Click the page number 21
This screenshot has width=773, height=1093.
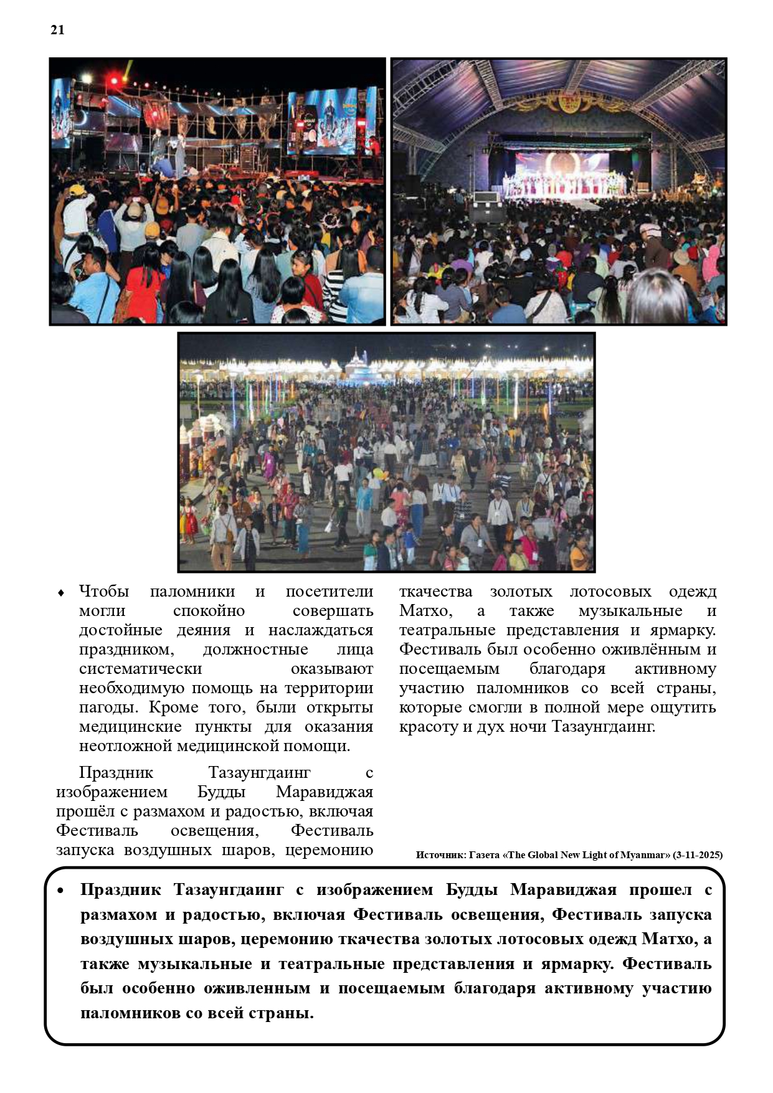(x=57, y=30)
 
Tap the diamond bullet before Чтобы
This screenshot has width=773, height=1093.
(x=61, y=593)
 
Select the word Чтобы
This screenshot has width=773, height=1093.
(x=104, y=592)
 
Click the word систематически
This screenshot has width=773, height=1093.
(x=140, y=669)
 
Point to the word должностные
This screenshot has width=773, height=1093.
(x=255, y=650)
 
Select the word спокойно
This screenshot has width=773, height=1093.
(x=209, y=611)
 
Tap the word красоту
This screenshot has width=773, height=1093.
(x=429, y=727)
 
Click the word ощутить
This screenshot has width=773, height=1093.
(x=683, y=707)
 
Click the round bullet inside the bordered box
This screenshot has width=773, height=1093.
(x=60, y=891)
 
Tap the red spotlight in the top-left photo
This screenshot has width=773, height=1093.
(x=114, y=80)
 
